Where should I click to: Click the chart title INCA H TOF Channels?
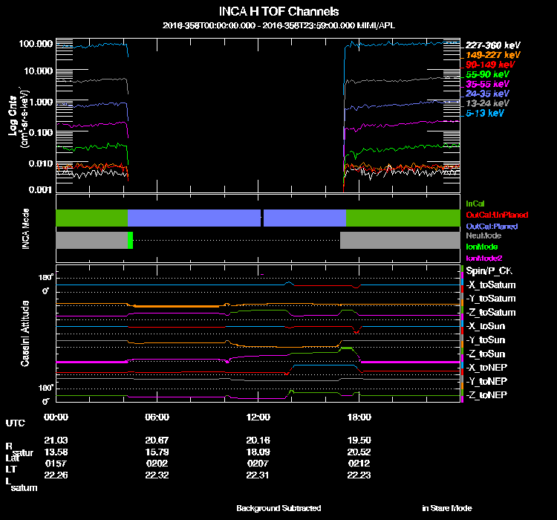click(278, 11)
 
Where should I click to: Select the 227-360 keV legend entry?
click(492, 45)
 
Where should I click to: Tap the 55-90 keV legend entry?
click(490, 74)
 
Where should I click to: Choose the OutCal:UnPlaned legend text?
click(492, 215)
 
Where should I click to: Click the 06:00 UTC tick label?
click(157, 417)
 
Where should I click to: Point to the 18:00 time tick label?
click(359, 417)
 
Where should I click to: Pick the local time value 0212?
click(359, 463)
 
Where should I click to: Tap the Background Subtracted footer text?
click(278, 508)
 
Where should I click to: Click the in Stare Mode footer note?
click(446, 508)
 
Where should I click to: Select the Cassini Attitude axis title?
click(25, 333)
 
